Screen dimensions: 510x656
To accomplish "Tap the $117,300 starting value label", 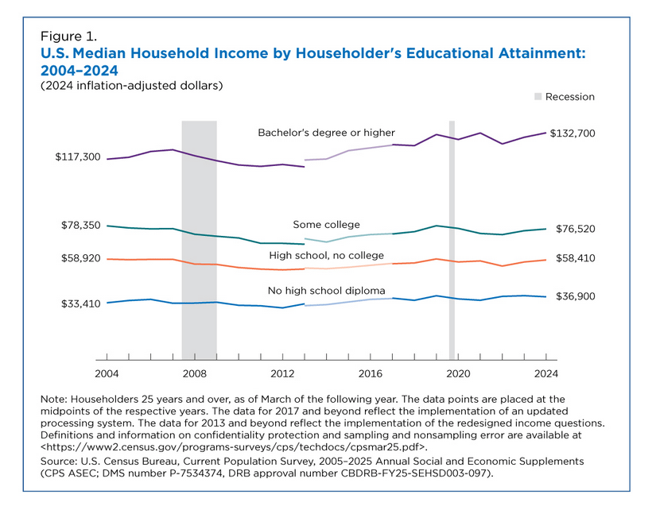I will [78, 157].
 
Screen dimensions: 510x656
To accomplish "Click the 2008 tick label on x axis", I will [195, 373].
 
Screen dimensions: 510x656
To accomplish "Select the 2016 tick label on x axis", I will [371, 373].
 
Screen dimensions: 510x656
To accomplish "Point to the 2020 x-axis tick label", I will [458, 373].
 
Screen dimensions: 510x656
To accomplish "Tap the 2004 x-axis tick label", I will [107, 373].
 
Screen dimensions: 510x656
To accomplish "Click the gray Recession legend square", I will [538, 97].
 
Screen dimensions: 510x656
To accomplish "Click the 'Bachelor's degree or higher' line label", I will [326, 132].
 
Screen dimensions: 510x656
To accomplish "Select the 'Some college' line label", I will [326, 224].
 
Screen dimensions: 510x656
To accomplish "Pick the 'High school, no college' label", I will [326, 255].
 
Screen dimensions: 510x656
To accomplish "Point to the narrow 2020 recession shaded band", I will [452, 238].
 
